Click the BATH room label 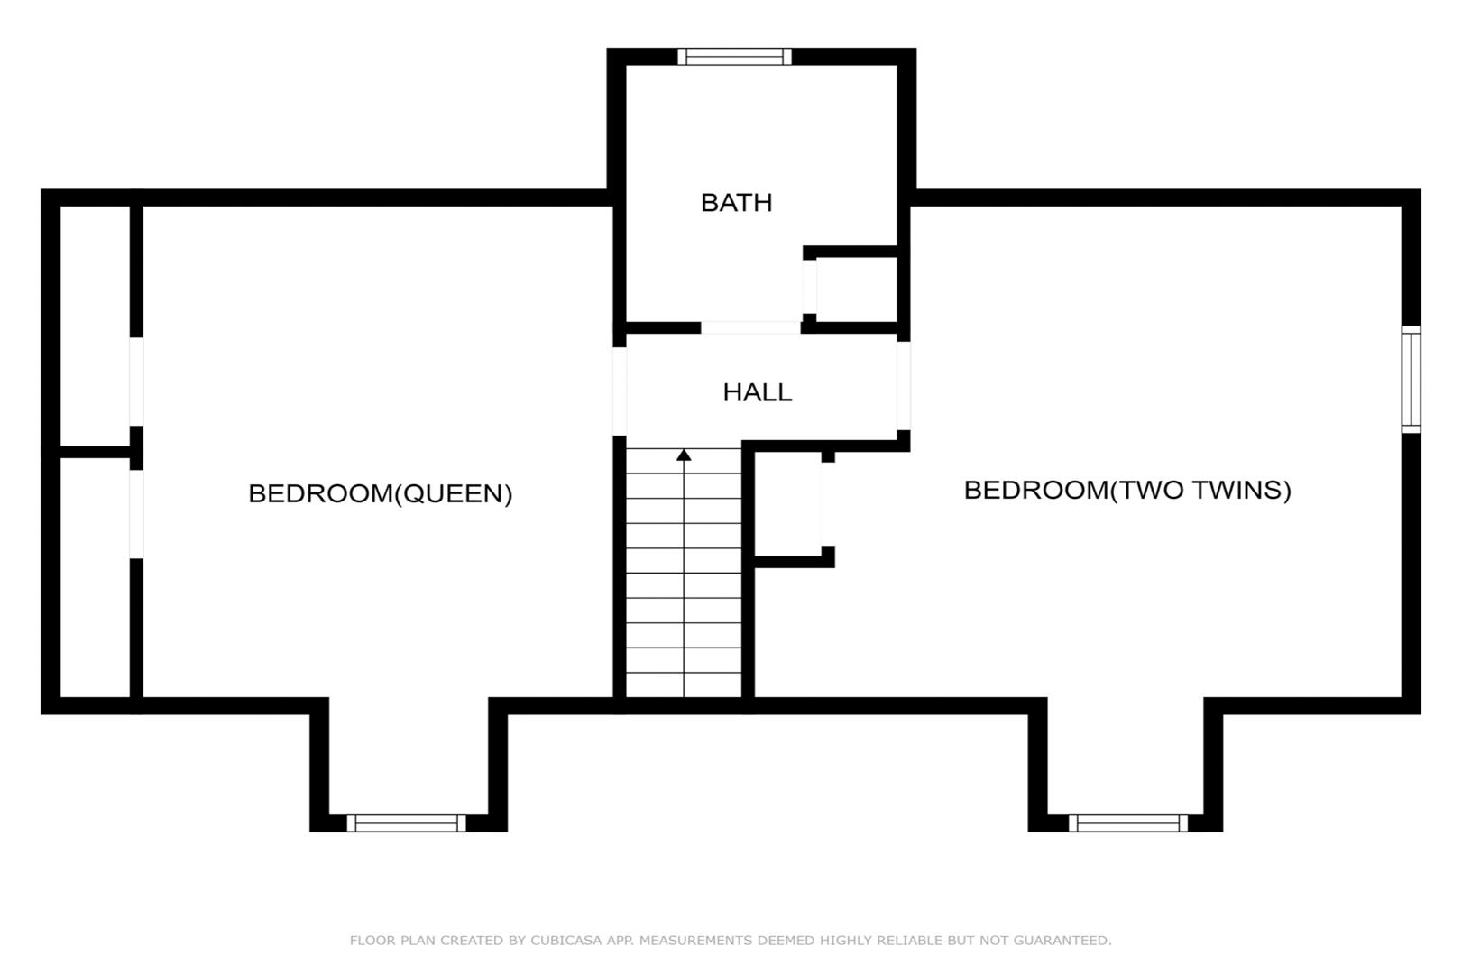tap(736, 203)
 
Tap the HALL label tap(757, 392)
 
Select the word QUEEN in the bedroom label tap(455, 493)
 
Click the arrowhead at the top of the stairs tap(684, 455)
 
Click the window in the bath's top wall tap(734, 57)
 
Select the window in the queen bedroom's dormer tap(406, 823)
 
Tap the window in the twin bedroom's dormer tap(1127, 823)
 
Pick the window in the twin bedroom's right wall tap(1411, 380)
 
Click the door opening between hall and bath tap(750, 327)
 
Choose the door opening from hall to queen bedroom tap(620, 391)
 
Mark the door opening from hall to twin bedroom tap(904, 386)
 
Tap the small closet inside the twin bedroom tap(787, 504)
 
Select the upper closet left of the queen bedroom tap(96, 326)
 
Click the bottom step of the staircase tap(684, 685)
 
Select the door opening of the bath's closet tap(809, 287)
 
